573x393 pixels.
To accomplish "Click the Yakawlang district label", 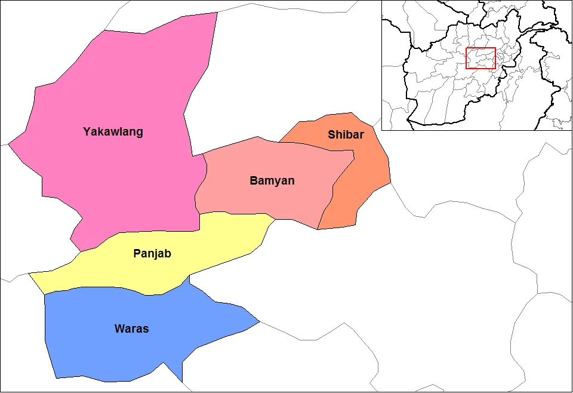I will click(x=113, y=131).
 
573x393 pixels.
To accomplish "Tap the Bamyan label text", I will click(x=272, y=180).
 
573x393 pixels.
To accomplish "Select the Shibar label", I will click(x=346, y=134).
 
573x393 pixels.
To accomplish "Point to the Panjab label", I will click(x=152, y=253).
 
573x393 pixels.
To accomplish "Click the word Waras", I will click(x=131, y=328).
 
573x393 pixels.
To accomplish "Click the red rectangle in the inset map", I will click(x=480, y=58).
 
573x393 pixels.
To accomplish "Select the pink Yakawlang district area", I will click(x=119, y=179).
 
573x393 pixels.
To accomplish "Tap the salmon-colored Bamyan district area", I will click(x=269, y=197).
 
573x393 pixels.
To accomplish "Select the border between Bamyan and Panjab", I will click(x=239, y=213).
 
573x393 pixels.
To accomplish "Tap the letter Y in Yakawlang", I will click(x=87, y=131).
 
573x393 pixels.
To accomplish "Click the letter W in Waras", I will click(x=119, y=328).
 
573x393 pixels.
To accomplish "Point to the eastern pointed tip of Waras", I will click(x=259, y=322).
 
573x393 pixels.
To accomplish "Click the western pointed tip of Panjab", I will click(x=30, y=274).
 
